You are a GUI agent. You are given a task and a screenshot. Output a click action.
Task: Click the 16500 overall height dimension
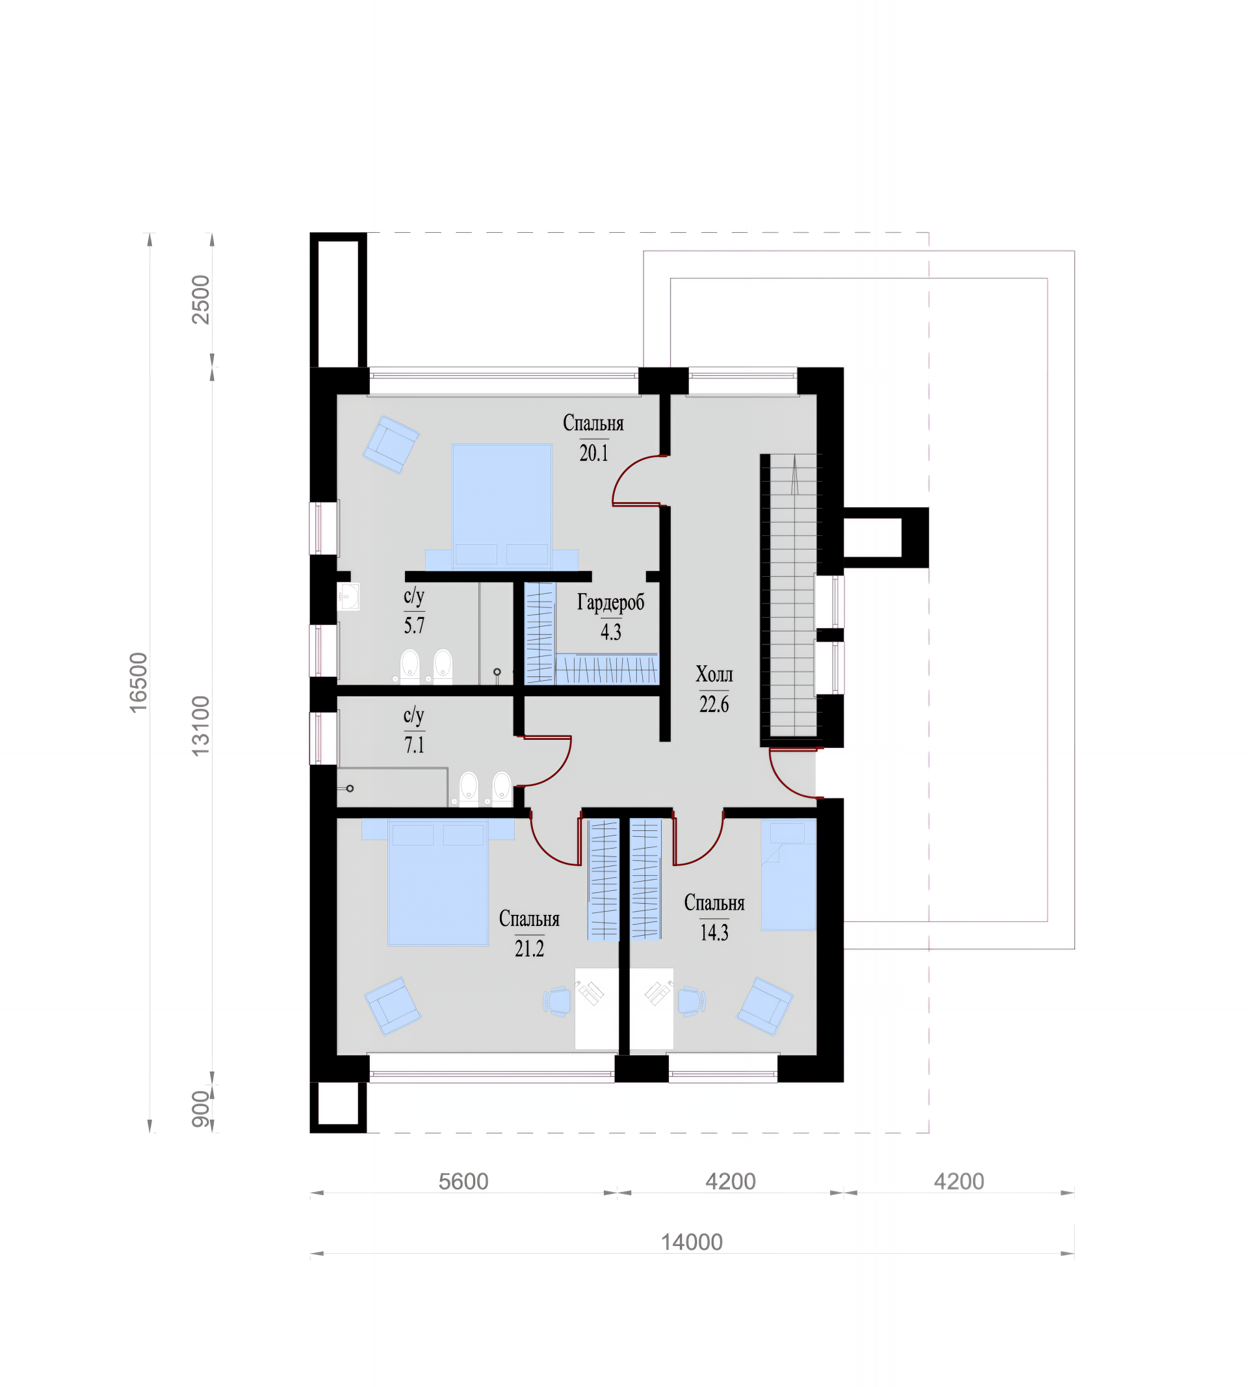[x=138, y=683]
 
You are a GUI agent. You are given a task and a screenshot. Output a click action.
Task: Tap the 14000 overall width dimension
[x=691, y=1242]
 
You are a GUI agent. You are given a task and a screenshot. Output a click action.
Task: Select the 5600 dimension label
[x=463, y=1182]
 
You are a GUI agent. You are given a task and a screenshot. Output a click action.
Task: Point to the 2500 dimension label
[x=200, y=299]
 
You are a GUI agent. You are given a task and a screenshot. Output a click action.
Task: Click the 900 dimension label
[x=200, y=1109]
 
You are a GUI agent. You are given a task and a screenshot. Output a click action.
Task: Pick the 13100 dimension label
[x=200, y=726]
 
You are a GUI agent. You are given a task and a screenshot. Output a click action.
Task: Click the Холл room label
[x=714, y=674]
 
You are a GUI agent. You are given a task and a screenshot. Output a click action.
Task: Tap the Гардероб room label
[x=610, y=602]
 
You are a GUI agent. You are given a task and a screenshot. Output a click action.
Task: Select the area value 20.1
[x=594, y=453]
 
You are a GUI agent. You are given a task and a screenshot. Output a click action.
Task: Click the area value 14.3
[x=714, y=932]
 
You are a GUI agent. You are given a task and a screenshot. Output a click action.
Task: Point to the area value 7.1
[x=414, y=745]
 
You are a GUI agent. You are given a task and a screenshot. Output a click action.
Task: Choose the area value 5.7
[x=414, y=625]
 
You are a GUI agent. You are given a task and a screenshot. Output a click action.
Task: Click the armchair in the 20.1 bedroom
[x=391, y=444]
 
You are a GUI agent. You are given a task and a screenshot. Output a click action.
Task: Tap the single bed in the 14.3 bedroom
[x=788, y=875]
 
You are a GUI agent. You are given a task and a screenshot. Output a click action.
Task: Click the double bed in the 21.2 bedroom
[x=438, y=882]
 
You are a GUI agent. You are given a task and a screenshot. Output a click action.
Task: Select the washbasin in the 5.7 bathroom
[x=348, y=596]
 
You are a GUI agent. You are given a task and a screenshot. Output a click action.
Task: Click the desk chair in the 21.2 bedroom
[x=558, y=1001]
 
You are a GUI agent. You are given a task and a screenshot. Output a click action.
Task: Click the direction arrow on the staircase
[x=795, y=475]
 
